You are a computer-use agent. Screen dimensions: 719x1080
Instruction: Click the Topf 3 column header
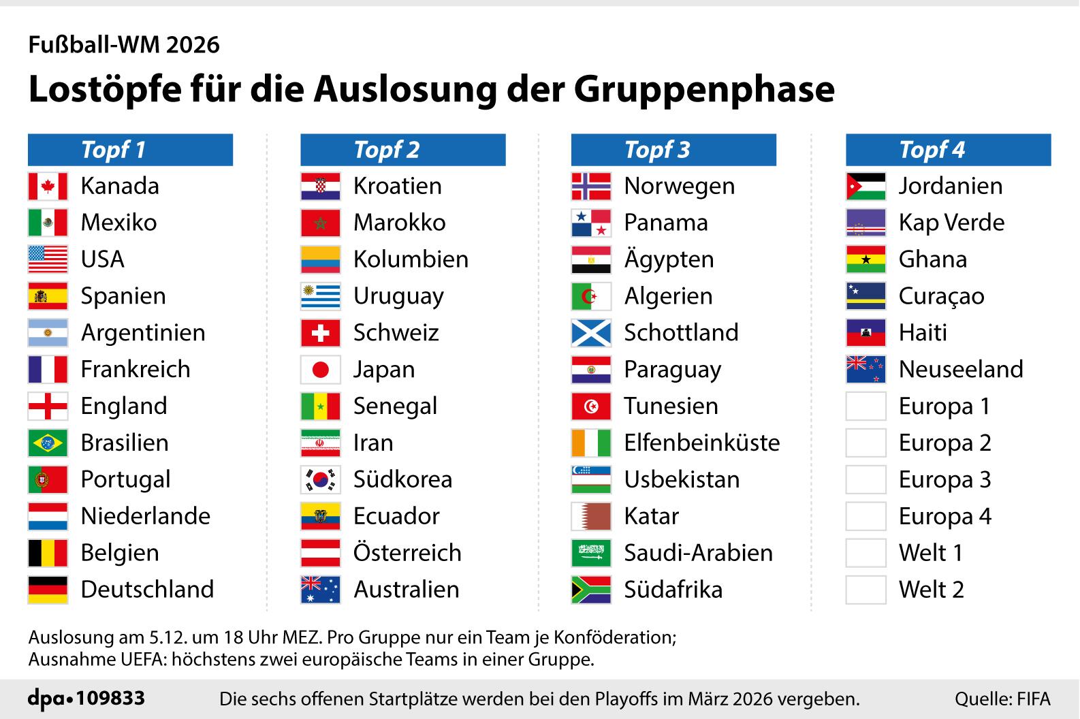(x=673, y=150)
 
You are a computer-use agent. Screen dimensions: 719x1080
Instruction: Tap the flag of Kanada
(x=48, y=186)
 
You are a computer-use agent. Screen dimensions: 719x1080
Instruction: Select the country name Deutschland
(x=147, y=590)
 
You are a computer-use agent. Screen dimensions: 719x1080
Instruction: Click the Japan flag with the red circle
(x=320, y=370)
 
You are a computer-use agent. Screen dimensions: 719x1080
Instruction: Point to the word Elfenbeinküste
(x=701, y=443)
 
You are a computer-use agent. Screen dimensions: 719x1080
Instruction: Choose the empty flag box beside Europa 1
(x=865, y=406)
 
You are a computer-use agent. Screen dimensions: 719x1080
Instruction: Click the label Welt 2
(x=931, y=590)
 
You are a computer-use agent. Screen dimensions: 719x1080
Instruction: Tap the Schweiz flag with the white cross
(x=320, y=333)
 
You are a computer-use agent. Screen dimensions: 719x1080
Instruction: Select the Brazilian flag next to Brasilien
(x=48, y=443)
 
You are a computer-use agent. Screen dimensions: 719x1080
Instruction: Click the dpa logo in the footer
(x=50, y=699)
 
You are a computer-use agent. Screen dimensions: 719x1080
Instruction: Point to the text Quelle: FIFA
(x=1002, y=699)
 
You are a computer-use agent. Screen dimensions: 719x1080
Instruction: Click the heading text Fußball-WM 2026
(x=124, y=45)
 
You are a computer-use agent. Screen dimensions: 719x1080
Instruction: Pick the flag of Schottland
(x=591, y=333)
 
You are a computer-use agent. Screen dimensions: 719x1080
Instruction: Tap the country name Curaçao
(x=941, y=296)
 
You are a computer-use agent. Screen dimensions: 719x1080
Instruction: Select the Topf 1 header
(x=130, y=150)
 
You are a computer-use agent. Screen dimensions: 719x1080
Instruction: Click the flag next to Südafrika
(x=591, y=590)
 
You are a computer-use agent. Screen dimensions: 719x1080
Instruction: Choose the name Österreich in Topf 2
(x=407, y=553)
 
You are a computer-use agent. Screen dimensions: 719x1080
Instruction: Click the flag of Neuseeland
(x=865, y=370)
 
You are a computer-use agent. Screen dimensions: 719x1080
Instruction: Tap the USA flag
(x=48, y=259)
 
